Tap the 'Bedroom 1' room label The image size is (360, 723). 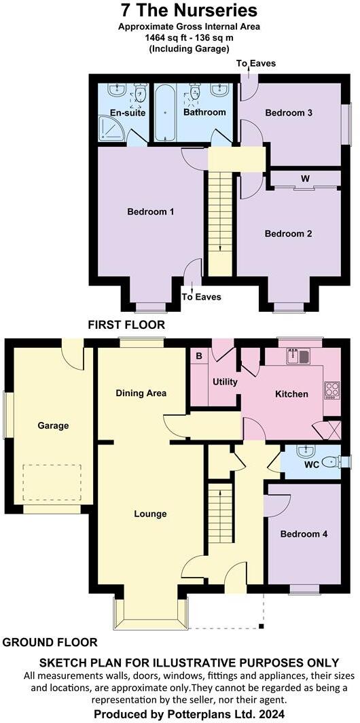point(151,212)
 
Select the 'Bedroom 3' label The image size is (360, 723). point(288,113)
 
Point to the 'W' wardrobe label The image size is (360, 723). point(306,179)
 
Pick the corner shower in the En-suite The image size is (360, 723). point(109,129)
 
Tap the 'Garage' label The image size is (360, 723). point(53,426)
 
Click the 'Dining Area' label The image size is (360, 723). point(141,393)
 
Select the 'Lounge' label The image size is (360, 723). point(150,514)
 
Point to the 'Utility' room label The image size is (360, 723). point(225,382)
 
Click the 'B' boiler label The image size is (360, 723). point(199,355)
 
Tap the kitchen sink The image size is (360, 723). point(299,355)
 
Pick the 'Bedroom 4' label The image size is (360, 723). point(304,534)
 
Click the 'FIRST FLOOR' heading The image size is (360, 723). point(126,325)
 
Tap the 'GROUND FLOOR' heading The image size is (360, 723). point(50,642)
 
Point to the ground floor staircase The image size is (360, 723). point(219,513)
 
